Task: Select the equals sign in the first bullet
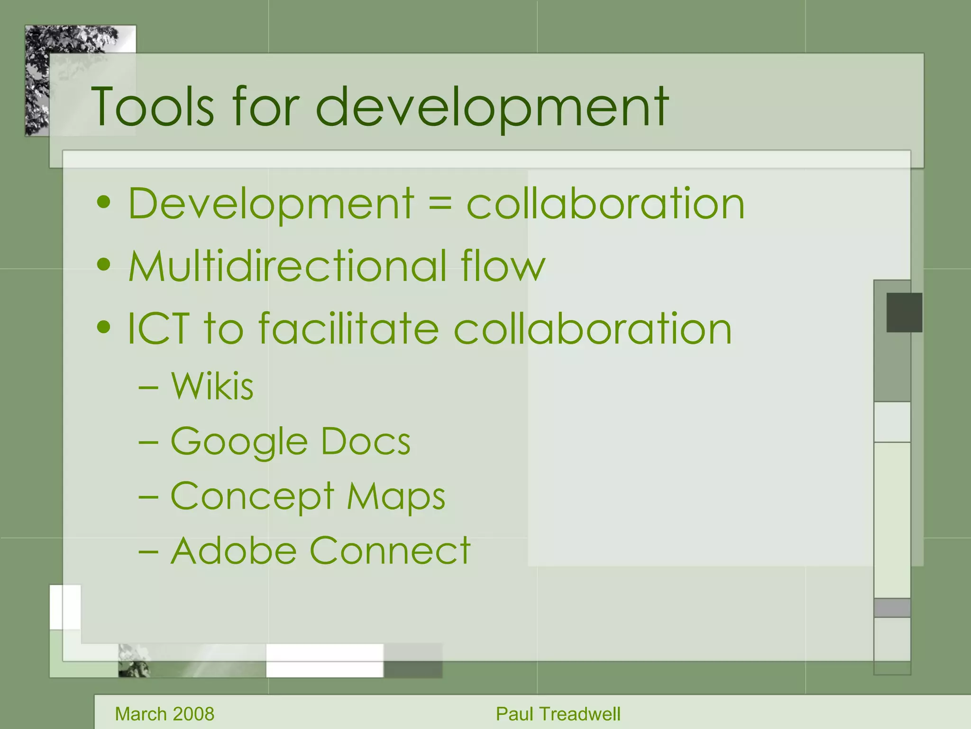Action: [x=440, y=204]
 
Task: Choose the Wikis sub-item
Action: [x=212, y=386]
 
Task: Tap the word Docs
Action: [x=366, y=441]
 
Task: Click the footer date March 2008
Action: [x=165, y=714]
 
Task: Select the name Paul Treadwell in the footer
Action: [x=558, y=714]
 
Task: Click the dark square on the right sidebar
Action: [x=904, y=312]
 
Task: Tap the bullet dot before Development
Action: [x=103, y=203]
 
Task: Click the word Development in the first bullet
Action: [x=271, y=204]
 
